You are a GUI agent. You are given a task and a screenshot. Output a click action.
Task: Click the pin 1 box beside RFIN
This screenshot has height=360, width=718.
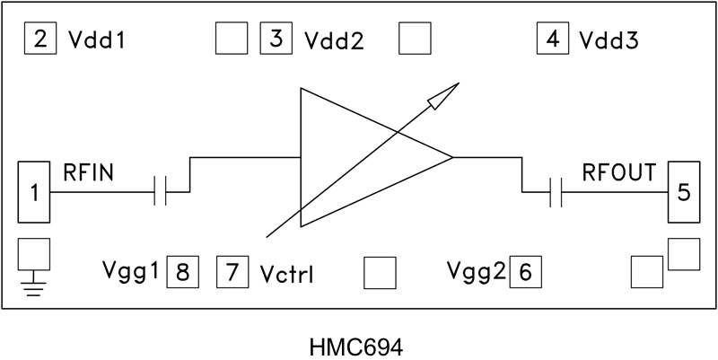point(36,191)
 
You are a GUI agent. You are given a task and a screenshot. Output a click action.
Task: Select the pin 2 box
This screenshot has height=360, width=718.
point(40,40)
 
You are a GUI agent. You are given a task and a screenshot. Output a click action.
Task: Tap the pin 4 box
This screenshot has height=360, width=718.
point(552,40)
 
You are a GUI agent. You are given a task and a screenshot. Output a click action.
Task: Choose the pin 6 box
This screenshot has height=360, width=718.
point(525,270)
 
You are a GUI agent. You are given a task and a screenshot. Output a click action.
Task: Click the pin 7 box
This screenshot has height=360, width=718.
point(232,270)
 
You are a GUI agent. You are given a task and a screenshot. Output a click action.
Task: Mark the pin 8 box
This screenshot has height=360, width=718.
point(182,270)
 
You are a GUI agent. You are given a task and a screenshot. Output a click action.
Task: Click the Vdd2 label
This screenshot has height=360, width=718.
point(333,41)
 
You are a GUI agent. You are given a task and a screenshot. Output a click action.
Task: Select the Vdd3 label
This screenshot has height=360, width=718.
point(608,41)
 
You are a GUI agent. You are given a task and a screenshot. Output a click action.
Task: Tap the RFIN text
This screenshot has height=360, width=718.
point(87,171)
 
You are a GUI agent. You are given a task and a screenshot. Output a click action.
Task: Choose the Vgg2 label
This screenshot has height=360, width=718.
point(476,270)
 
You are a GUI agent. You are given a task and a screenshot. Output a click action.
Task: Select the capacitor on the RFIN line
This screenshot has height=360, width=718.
point(162,191)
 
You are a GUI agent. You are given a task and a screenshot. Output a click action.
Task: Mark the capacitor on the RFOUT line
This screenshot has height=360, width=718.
point(556,191)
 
